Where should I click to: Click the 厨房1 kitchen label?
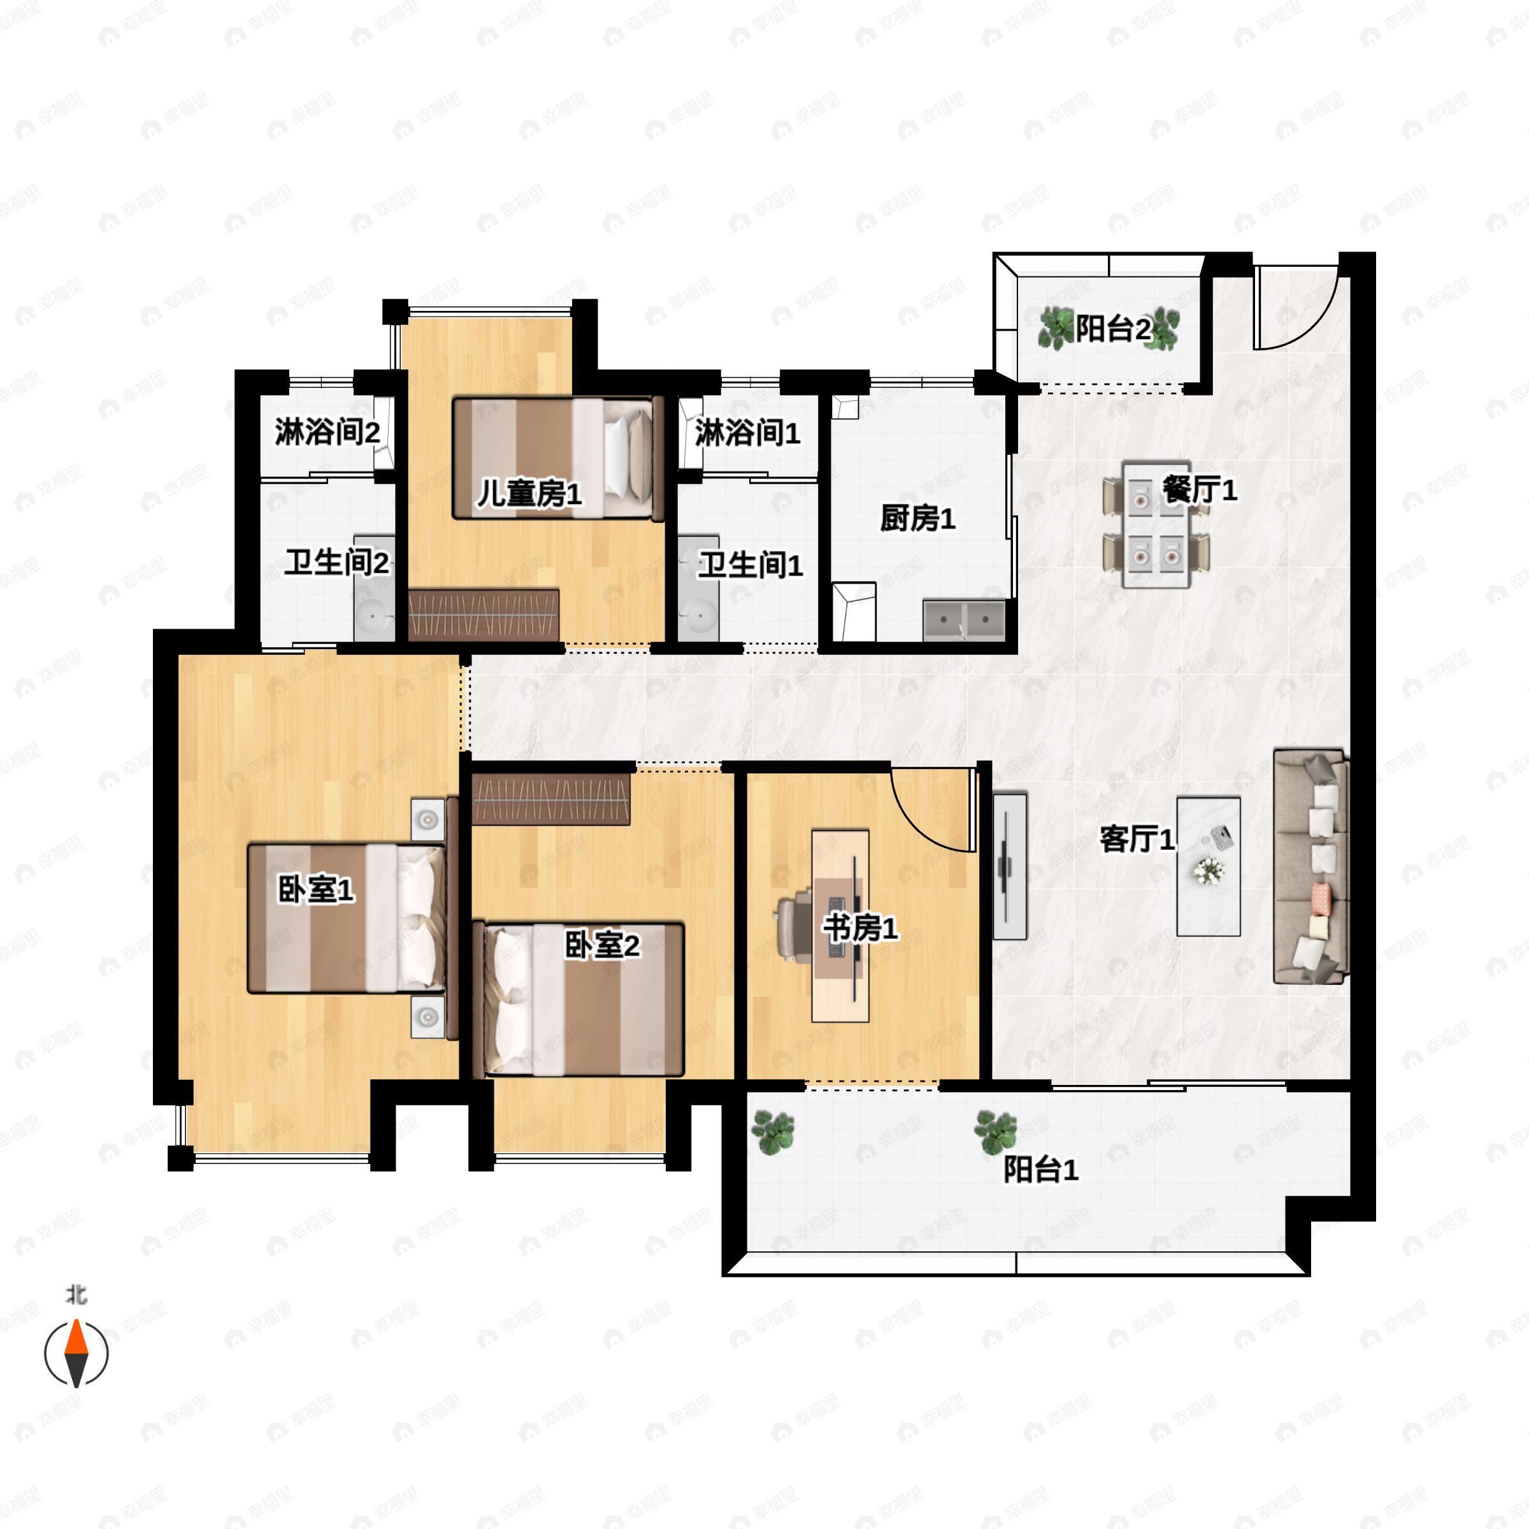coord(917,519)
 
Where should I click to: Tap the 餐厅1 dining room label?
coord(1199,490)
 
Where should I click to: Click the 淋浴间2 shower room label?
coord(327,432)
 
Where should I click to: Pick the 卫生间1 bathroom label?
coord(750,565)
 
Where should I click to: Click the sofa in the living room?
coord(1310,866)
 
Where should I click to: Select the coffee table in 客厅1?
coord(1208,866)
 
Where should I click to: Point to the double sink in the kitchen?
coord(964,620)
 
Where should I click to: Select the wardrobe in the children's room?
coord(484,614)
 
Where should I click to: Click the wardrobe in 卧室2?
coord(552,800)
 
